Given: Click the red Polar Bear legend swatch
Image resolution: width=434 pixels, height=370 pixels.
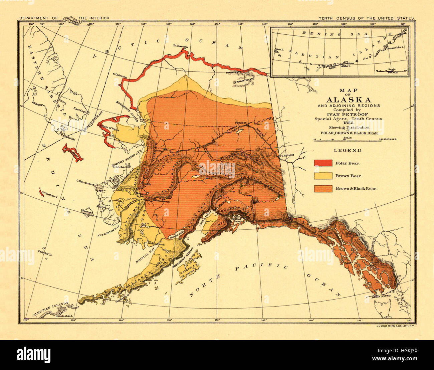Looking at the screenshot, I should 323,163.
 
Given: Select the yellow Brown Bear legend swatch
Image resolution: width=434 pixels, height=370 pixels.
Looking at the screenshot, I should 323,176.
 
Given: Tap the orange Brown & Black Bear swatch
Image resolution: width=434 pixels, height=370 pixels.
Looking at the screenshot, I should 323,188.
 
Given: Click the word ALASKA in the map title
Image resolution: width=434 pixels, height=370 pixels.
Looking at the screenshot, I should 348,100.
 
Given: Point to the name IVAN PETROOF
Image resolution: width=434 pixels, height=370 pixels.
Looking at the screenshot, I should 348,114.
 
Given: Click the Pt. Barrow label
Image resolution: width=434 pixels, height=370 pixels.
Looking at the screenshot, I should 181,46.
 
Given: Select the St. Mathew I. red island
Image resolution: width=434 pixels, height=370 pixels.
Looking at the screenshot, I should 42,193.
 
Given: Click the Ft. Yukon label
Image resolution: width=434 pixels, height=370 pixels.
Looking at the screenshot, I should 241,123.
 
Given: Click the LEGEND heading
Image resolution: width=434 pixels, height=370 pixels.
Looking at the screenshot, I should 348,150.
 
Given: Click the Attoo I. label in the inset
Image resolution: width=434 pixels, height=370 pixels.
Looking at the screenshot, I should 278,50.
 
